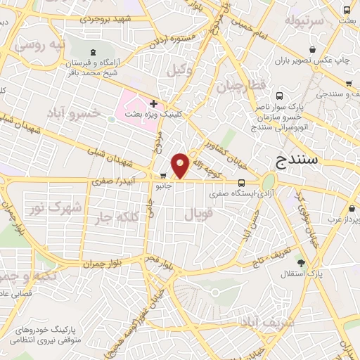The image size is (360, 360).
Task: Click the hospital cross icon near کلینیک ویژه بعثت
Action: pyautogui.click(x=153, y=103)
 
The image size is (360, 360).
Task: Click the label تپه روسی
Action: pyautogui.click(x=41, y=47)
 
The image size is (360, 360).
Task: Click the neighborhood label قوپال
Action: pyautogui.click(x=198, y=215)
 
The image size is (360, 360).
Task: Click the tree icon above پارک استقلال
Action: pyautogui.click(x=302, y=262)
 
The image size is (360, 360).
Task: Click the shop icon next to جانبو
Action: pyautogui.click(x=163, y=176)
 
